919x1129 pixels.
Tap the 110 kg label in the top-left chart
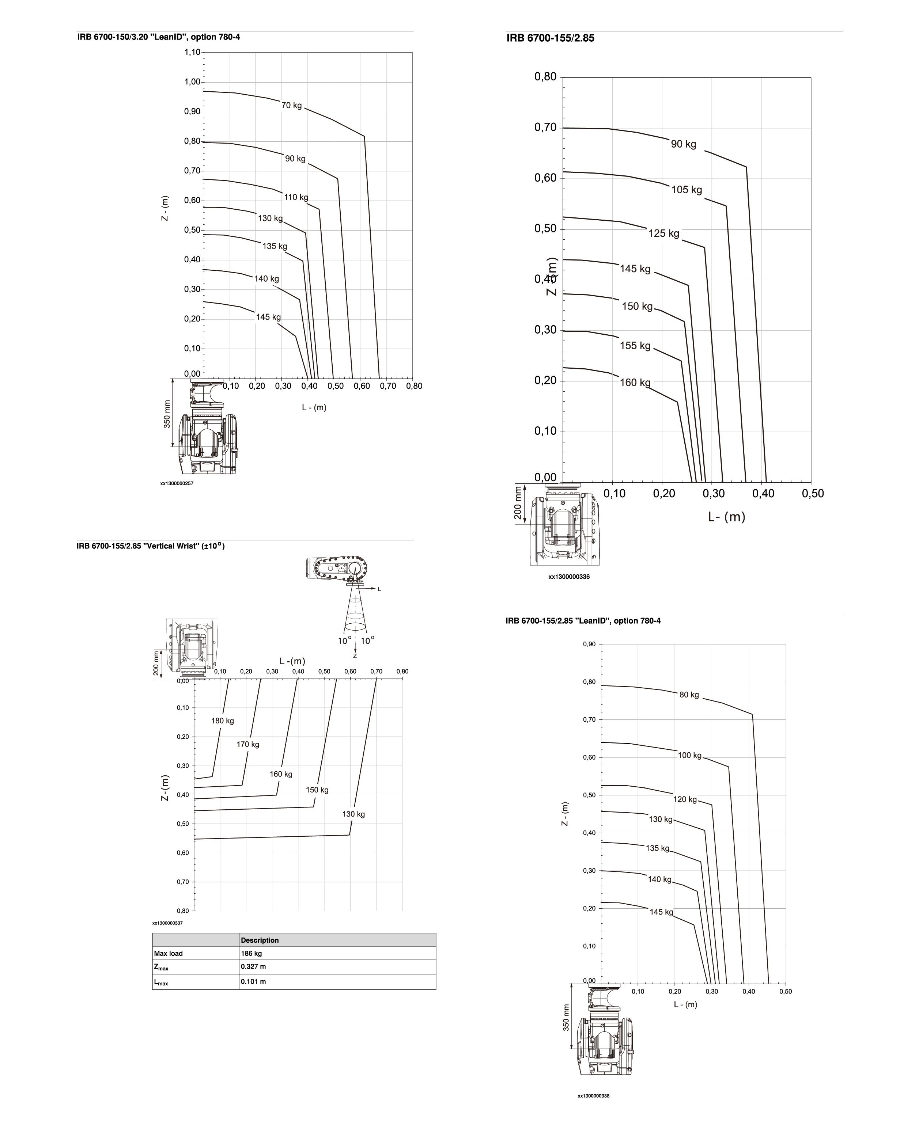click(x=296, y=197)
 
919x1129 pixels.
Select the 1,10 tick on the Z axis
click(x=193, y=52)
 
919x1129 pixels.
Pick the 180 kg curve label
click(x=222, y=721)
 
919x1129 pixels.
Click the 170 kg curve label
click(x=248, y=744)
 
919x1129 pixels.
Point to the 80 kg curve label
click(x=689, y=695)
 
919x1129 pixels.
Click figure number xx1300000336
click(x=569, y=577)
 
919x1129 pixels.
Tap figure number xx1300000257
click(x=177, y=483)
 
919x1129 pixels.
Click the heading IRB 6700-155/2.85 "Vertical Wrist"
click(x=151, y=546)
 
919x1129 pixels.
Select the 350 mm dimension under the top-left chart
click(x=167, y=414)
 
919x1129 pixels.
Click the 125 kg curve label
click(x=664, y=233)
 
